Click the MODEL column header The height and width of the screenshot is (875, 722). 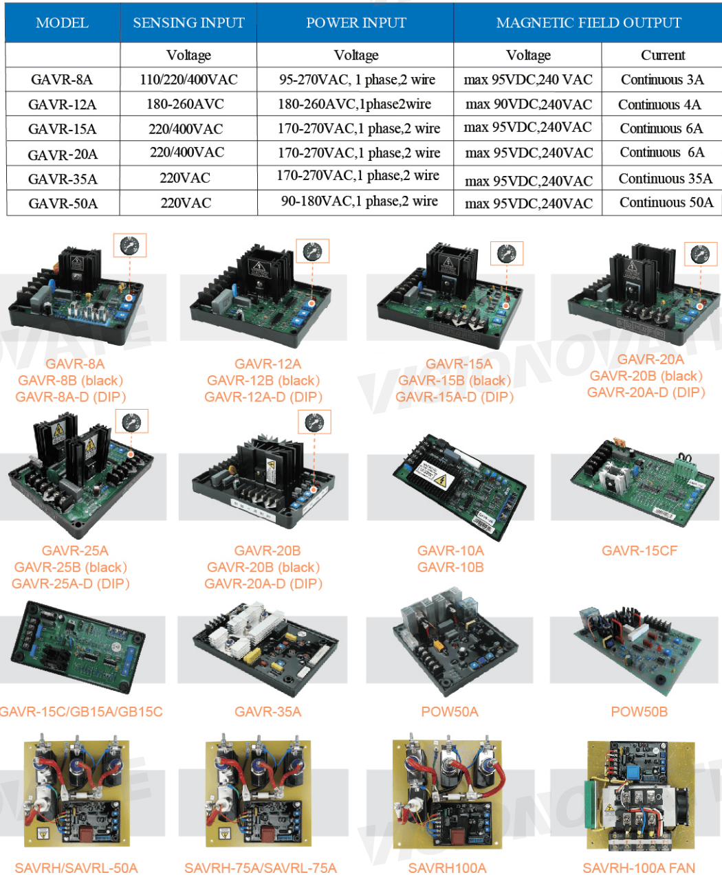pyautogui.click(x=62, y=23)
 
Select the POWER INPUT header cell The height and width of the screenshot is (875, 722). pyautogui.click(x=355, y=23)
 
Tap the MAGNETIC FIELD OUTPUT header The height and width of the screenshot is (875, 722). pyautogui.click(x=588, y=23)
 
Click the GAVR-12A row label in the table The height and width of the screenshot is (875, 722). pyautogui.click(x=62, y=104)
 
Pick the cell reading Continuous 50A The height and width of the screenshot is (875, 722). pyautogui.click(x=666, y=203)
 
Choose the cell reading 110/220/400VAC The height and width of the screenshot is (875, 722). pyautogui.click(x=188, y=80)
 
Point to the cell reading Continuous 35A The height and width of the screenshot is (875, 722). pyautogui.click(x=665, y=179)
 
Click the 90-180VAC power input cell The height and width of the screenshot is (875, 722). pyautogui.click(x=359, y=201)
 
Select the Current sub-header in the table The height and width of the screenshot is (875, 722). pyautogui.click(x=662, y=55)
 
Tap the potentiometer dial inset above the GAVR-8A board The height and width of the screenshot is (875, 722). pyautogui.click(x=129, y=245)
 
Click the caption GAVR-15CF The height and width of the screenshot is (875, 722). pyautogui.click(x=639, y=551)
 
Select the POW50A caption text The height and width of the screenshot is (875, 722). pyautogui.click(x=449, y=711)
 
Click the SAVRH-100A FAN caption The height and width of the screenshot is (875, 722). pyautogui.click(x=639, y=867)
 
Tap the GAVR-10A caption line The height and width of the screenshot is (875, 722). pyautogui.click(x=450, y=551)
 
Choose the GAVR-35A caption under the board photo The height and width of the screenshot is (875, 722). pyautogui.click(x=267, y=711)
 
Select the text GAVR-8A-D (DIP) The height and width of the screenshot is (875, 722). pyautogui.click(x=71, y=397)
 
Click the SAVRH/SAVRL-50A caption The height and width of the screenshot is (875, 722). pyautogui.click(x=76, y=867)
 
